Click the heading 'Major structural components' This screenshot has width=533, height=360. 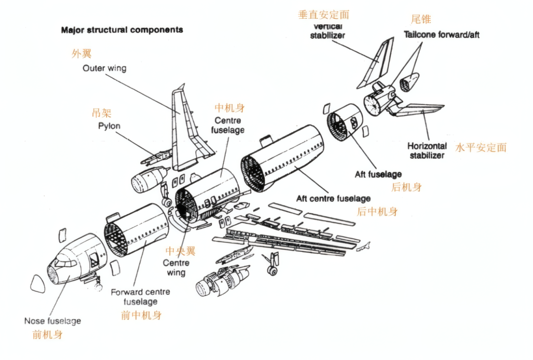click(122, 30)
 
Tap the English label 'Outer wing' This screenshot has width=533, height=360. click(104, 68)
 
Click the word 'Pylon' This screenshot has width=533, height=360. click(109, 126)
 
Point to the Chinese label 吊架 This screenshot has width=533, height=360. click(102, 113)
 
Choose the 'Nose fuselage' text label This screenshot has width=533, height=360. click(52, 321)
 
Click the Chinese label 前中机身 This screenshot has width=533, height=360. click(141, 315)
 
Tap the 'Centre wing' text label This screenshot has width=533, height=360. click(176, 268)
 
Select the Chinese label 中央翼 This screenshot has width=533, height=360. click(180, 251)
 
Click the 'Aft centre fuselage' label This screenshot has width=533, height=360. click(333, 199)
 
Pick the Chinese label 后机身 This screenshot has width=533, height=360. click(406, 187)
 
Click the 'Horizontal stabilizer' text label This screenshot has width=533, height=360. click(427, 151)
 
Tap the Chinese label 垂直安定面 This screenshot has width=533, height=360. click(324, 15)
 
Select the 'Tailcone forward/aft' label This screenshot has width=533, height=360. click(441, 35)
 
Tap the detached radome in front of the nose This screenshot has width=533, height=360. click(38, 284)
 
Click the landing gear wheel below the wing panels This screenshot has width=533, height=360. click(270, 270)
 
